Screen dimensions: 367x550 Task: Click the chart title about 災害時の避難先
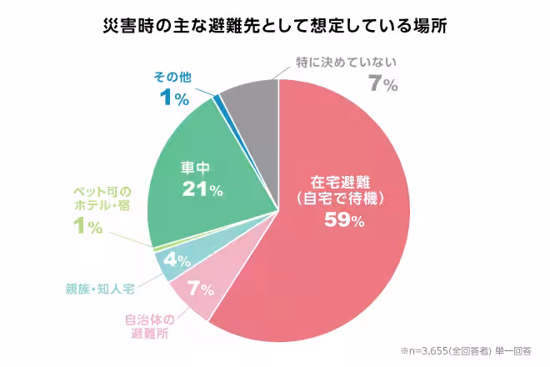[275, 25]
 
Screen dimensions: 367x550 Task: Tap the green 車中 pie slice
[208, 158]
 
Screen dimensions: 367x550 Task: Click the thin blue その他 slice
[217, 101]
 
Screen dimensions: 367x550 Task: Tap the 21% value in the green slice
[202, 189]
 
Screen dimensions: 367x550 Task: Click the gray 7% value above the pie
[383, 84]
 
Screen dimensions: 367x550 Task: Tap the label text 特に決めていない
[349, 62]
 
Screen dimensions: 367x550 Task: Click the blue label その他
[172, 77]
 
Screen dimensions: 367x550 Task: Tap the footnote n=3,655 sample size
[466, 351]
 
